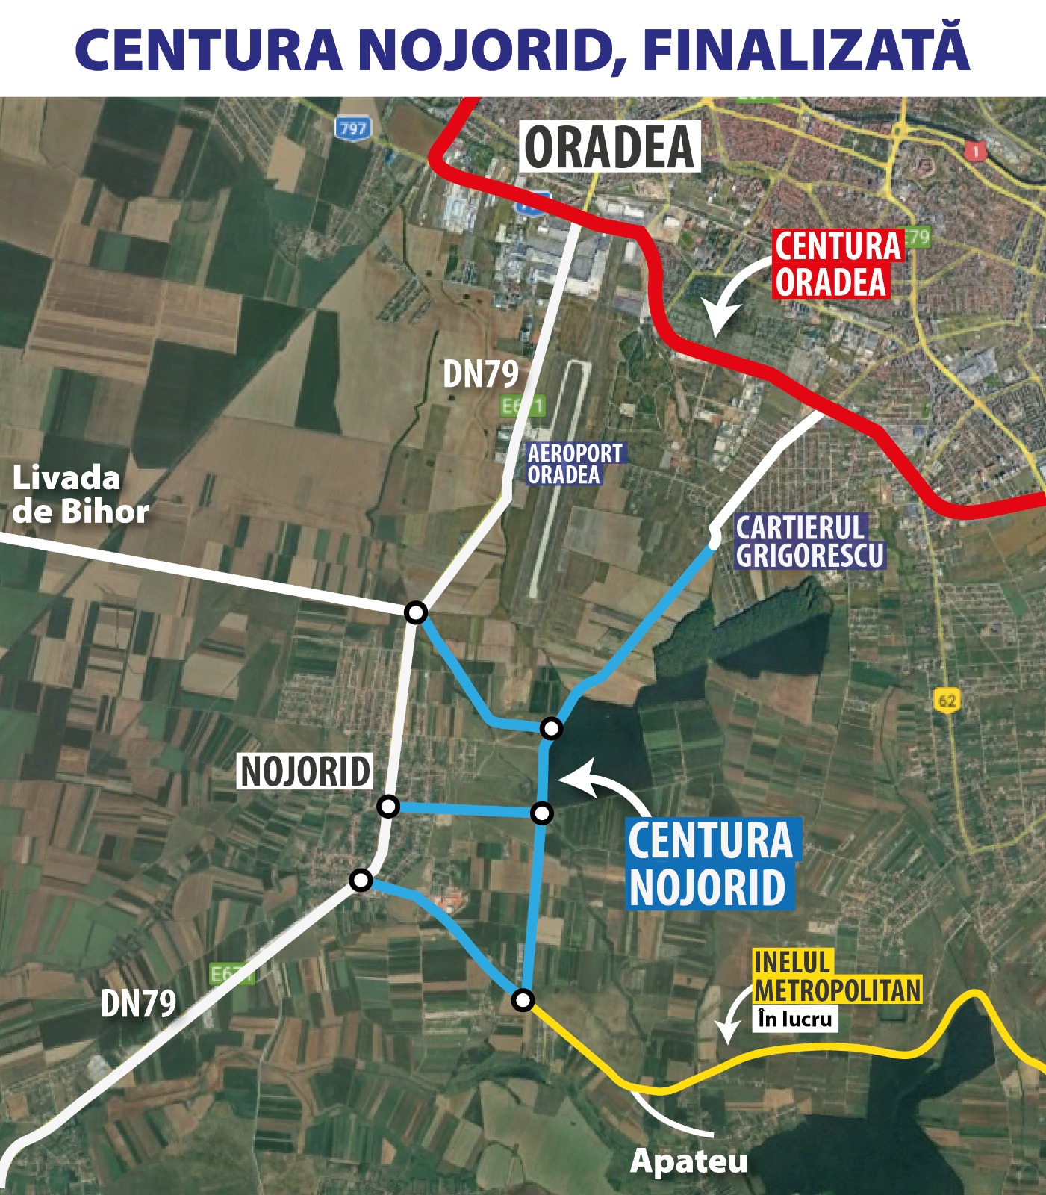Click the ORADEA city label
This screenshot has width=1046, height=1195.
point(609,148)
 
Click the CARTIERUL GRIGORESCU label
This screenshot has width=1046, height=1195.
point(809,541)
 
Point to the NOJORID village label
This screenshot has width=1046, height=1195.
point(305,772)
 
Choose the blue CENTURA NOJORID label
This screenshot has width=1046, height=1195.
point(710,863)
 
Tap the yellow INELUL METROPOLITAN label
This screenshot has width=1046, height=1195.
point(836,976)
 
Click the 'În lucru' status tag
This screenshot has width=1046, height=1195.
point(794,1019)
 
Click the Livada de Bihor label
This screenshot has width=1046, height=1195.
point(80,494)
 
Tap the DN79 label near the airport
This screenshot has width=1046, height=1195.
point(480,373)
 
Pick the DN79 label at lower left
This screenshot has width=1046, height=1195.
point(138,1003)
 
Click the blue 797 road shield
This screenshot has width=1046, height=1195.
point(352,128)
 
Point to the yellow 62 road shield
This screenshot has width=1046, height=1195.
point(946,701)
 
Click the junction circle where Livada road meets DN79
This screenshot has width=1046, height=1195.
point(416,612)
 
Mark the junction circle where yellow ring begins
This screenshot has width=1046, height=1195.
point(523,999)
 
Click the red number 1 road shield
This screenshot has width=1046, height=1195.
point(974,152)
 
